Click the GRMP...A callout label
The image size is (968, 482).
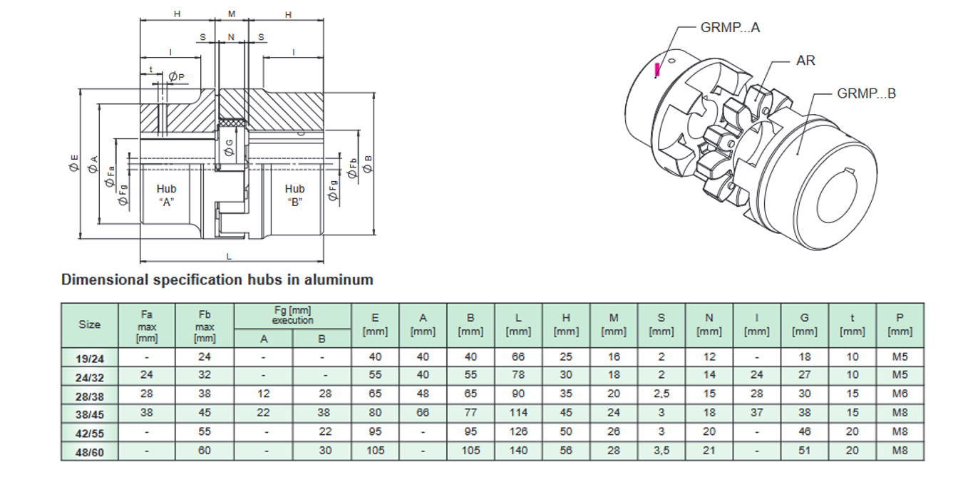(730, 28)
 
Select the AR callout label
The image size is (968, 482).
(805, 61)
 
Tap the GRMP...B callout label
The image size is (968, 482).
(866, 93)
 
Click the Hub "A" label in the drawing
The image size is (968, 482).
(167, 195)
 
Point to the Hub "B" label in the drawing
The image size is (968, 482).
(294, 195)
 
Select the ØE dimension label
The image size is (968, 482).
(74, 163)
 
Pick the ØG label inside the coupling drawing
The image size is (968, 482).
(228, 148)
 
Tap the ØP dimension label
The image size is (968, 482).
(177, 76)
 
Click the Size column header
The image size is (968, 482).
(90, 324)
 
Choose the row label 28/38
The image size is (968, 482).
(90, 394)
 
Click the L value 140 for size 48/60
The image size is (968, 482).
(518, 451)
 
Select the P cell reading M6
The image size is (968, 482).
(900, 394)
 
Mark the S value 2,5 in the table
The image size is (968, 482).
(661, 394)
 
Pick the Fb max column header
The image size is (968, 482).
(205, 325)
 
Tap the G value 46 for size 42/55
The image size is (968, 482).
(805, 431)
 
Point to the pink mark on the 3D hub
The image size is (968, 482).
(658, 68)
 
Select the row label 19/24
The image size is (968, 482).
(90, 357)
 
